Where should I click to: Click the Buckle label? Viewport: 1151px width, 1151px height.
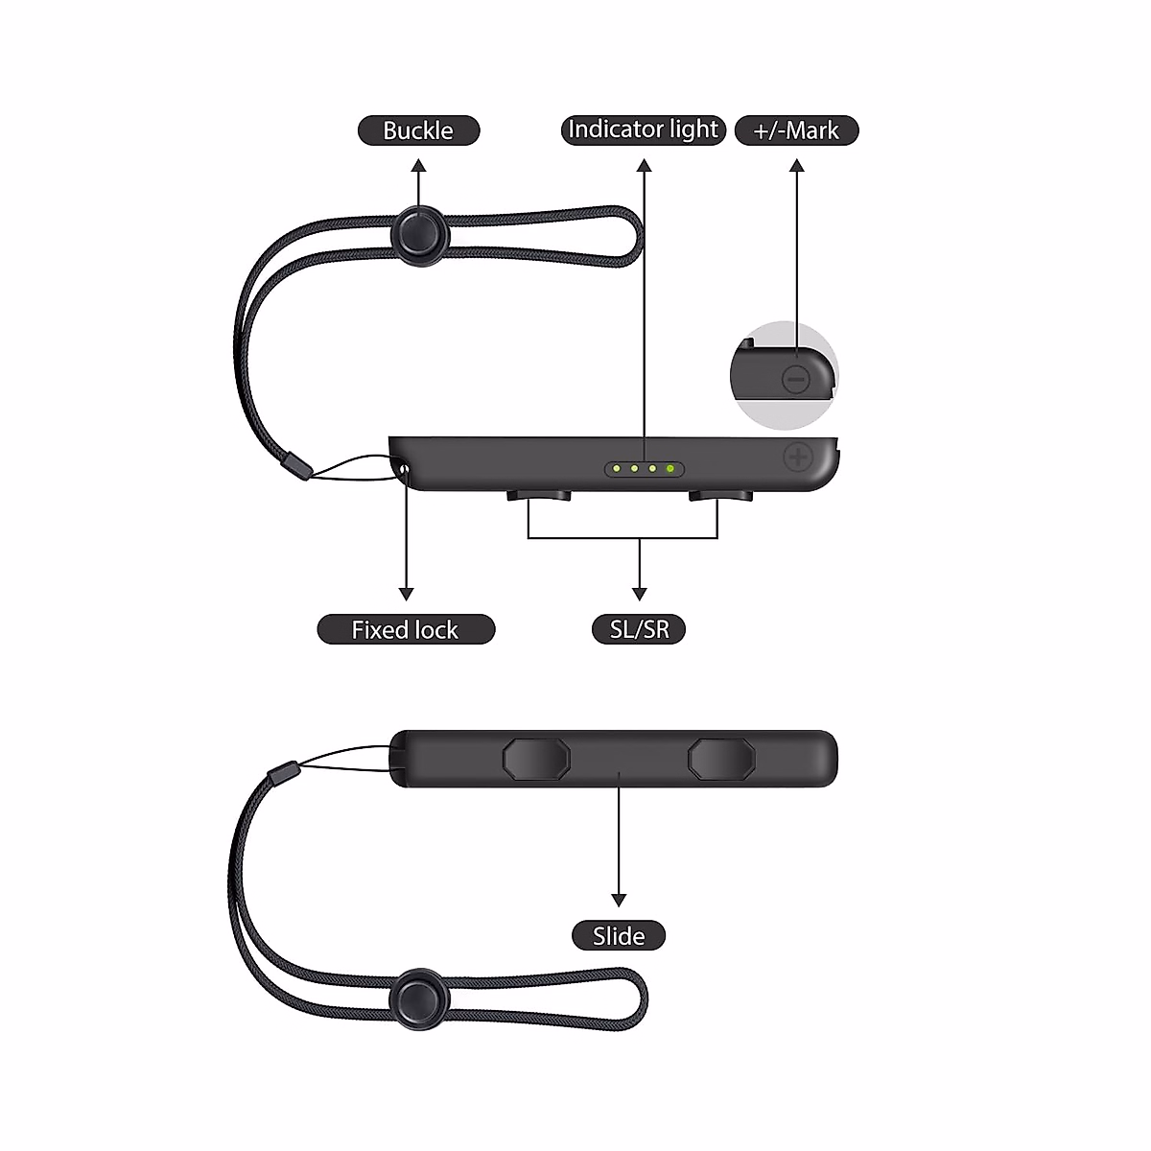(x=418, y=130)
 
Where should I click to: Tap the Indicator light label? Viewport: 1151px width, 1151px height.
(x=643, y=129)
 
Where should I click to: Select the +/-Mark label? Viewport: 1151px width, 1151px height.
(x=796, y=130)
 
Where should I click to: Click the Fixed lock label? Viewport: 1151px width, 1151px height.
(x=406, y=629)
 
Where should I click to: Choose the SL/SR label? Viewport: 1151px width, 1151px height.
(x=640, y=629)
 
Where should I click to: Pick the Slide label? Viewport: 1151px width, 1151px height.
(x=619, y=935)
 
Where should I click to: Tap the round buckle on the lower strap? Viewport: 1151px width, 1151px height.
(x=419, y=998)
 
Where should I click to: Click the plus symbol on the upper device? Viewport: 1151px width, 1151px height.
(x=797, y=457)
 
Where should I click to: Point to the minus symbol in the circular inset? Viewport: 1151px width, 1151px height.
(x=796, y=379)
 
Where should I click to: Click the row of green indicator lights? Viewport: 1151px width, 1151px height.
(x=645, y=469)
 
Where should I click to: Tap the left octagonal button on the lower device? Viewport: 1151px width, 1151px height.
(x=536, y=758)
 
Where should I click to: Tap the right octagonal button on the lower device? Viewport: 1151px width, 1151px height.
(x=721, y=758)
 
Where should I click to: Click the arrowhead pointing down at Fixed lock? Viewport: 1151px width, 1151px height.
(x=407, y=594)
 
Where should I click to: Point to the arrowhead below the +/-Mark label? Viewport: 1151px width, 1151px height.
(x=796, y=166)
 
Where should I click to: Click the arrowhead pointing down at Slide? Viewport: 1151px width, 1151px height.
(x=619, y=900)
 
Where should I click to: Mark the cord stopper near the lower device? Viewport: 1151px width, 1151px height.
(x=283, y=771)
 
